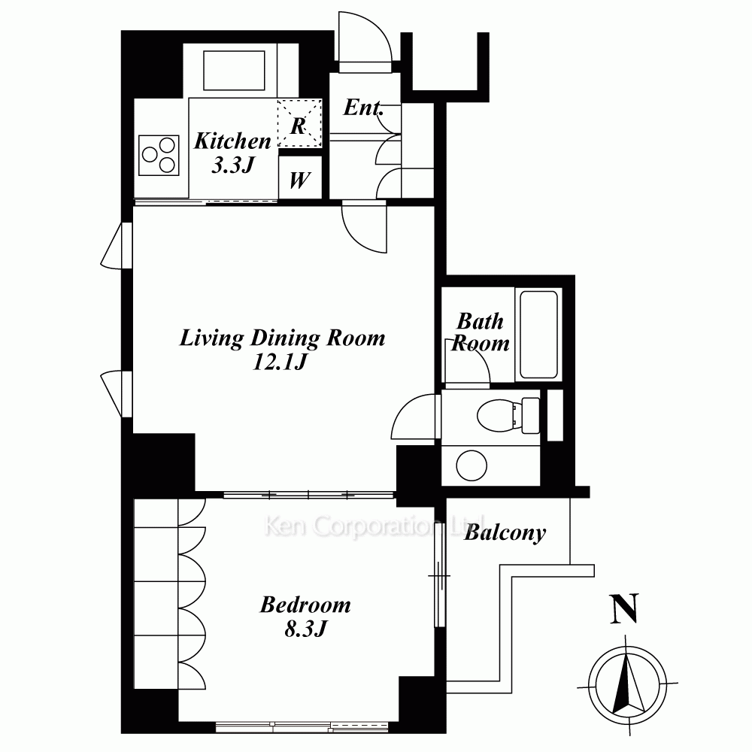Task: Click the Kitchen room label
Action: point(232,141)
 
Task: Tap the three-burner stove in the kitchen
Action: point(159,155)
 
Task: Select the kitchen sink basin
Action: point(234,70)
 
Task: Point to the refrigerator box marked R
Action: point(300,123)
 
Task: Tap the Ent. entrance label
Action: point(363,107)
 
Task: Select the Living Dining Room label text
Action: point(283,338)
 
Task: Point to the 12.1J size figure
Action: point(280,362)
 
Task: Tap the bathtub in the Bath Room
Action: point(539,335)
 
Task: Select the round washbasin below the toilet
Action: point(472,465)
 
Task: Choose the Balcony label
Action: point(505,533)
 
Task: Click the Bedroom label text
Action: point(305,605)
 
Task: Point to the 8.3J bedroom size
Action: point(306,629)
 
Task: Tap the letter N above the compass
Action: point(624,608)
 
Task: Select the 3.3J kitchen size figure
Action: point(232,165)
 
